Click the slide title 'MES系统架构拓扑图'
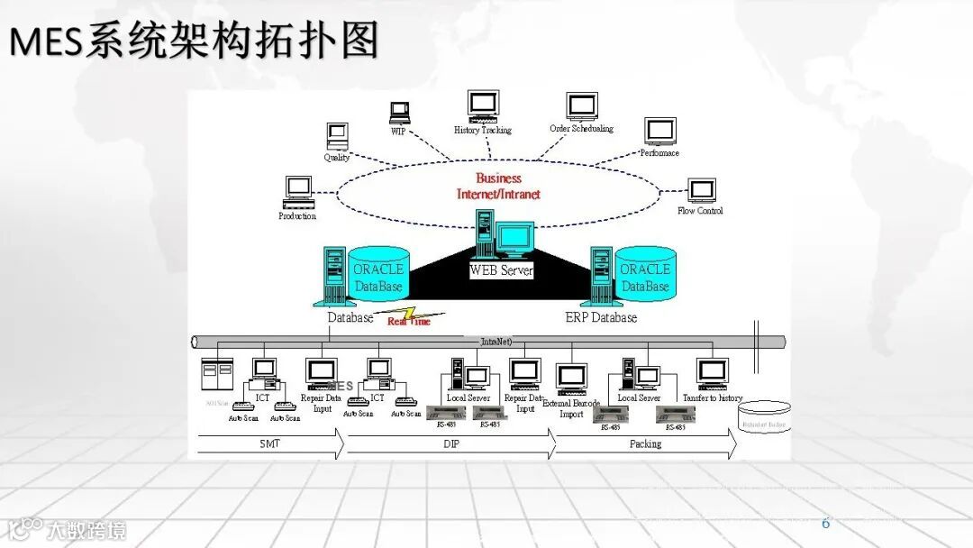[x=195, y=42]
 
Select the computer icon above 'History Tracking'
[x=483, y=105]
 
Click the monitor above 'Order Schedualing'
[x=582, y=107]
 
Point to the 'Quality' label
[x=337, y=158]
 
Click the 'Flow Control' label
[x=700, y=211]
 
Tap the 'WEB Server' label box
[x=501, y=269]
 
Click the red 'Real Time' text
[x=409, y=321]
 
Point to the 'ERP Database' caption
[x=601, y=317]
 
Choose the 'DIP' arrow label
[x=450, y=444]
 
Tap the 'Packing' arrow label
[x=645, y=444]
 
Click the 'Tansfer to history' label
[x=713, y=398]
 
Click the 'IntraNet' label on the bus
[x=496, y=342]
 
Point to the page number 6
[x=825, y=524]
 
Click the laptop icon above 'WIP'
[x=400, y=113]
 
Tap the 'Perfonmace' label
[x=659, y=153]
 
